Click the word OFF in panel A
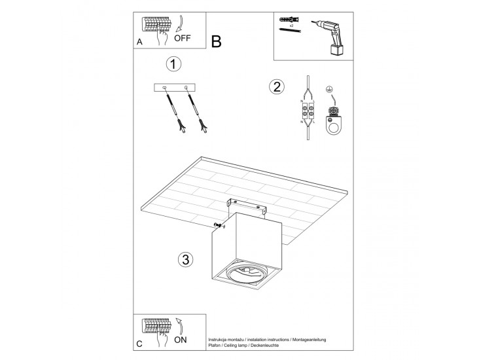(183, 38)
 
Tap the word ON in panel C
(180, 340)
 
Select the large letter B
(217, 41)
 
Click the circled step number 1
(173, 65)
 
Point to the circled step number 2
(277, 87)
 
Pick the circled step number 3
(186, 260)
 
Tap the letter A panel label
(139, 42)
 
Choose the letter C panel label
(139, 344)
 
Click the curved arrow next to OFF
(180, 24)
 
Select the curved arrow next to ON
(180, 326)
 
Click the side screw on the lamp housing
(219, 226)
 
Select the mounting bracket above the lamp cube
(247, 207)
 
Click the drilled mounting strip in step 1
(174, 88)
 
